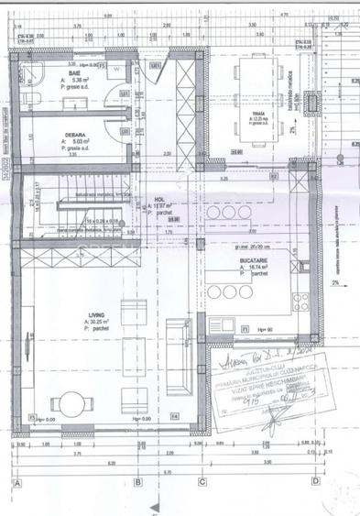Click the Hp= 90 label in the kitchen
coord(263,329)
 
